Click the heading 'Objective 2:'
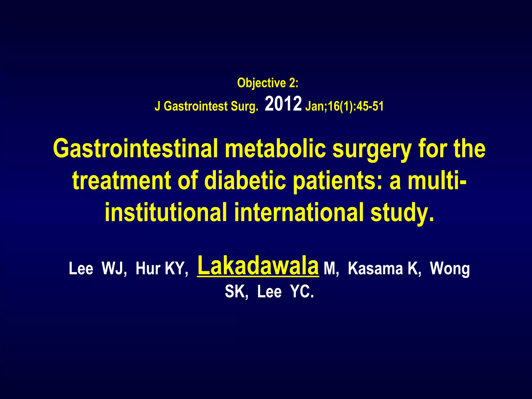(268, 83)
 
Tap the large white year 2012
(283, 104)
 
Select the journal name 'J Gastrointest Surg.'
(207, 106)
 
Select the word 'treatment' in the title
(122, 181)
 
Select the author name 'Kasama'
(375, 268)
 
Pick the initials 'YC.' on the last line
(302, 292)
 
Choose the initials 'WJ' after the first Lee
(114, 268)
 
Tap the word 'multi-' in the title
(436, 181)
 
